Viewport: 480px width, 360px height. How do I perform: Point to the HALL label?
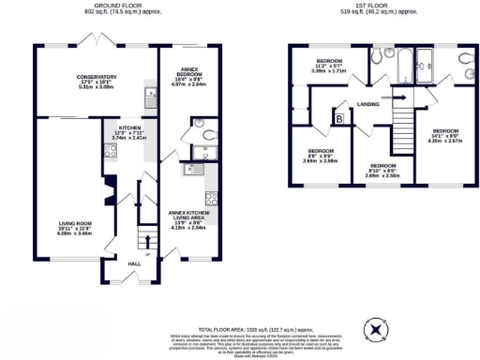[x=134, y=263]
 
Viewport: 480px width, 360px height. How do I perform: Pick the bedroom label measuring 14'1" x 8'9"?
[x=446, y=136]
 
